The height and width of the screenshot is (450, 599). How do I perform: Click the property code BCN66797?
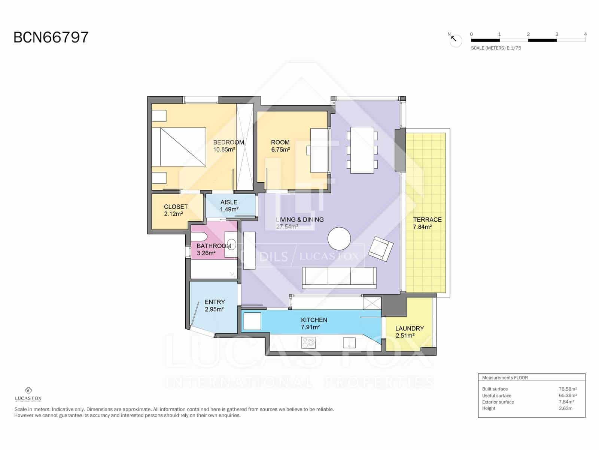(x=51, y=37)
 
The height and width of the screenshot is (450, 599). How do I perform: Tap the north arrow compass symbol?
(x=456, y=40)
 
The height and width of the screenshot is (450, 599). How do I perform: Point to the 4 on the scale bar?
(x=585, y=34)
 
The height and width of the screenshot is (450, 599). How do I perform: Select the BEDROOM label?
(x=228, y=142)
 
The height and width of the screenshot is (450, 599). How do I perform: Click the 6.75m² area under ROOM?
(x=280, y=150)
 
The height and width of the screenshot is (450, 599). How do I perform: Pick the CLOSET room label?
(x=176, y=207)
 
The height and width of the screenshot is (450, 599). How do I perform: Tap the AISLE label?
(x=229, y=202)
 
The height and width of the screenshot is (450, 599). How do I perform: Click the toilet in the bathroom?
(x=198, y=237)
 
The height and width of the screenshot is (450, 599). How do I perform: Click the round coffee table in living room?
(x=339, y=238)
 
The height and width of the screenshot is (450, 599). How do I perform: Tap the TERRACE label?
(x=427, y=220)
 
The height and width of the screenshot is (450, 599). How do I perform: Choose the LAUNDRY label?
(x=410, y=328)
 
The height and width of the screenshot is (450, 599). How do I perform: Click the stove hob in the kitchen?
(x=309, y=342)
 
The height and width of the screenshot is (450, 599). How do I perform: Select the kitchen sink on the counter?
(x=349, y=342)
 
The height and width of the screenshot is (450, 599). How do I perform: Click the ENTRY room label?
(x=215, y=302)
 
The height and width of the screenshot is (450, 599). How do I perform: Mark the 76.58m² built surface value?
(x=568, y=389)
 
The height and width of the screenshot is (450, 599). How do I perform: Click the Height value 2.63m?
(x=565, y=408)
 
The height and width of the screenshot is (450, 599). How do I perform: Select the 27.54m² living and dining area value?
(x=287, y=226)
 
